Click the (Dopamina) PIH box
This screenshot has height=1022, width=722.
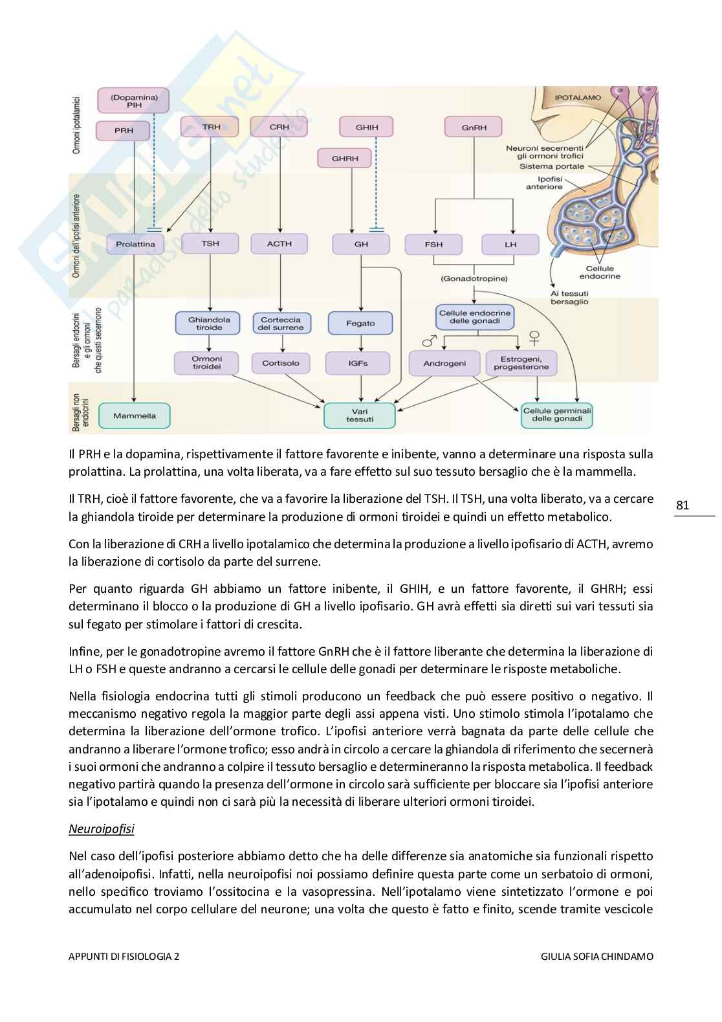click(133, 100)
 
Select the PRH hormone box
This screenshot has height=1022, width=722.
click(124, 130)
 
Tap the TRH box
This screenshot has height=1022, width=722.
click(211, 127)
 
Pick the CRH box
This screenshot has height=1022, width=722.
click(279, 127)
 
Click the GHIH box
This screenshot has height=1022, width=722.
click(366, 127)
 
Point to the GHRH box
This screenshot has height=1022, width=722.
click(345, 158)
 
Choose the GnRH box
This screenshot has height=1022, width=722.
click(474, 128)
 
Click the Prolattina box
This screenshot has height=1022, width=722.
click(135, 244)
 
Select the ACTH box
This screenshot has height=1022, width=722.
click(279, 244)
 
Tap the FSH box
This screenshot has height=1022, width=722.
click(433, 245)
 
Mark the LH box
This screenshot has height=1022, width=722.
click(510, 245)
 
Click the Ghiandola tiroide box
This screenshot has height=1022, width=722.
click(204, 324)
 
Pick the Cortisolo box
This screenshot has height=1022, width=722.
click(280, 363)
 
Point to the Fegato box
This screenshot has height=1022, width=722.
click(360, 323)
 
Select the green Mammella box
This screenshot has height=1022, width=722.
click(135, 416)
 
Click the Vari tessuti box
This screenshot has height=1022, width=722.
click(359, 416)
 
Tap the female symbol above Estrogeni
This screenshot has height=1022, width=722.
click(534, 337)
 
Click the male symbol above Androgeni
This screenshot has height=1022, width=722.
click(428, 340)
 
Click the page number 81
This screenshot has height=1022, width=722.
click(683, 505)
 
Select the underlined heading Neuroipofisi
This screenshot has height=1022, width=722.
click(101, 828)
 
